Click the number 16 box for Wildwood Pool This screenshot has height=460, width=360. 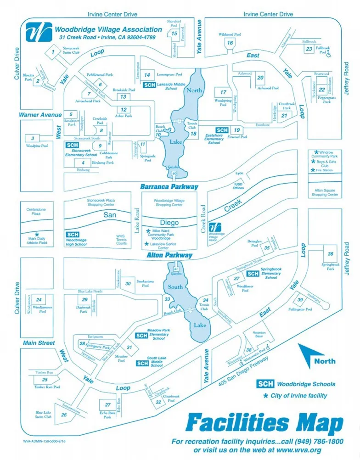pyautogui.click(x=230, y=43)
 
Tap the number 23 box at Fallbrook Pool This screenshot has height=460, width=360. pyautogui.click(x=309, y=49)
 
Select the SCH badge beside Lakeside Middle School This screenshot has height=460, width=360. pyautogui.click(x=149, y=85)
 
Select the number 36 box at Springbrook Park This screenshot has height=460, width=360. pyautogui.click(x=330, y=254)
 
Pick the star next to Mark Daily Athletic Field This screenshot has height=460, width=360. pyautogui.click(x=37, y=234)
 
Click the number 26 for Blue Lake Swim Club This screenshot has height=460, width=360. pyautogui.click(x=64, y=415)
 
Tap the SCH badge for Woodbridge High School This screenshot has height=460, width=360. pyautogui.click(x=72, y=235)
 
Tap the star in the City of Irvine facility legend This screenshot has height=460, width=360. pyautogui.click(x=265, y=395)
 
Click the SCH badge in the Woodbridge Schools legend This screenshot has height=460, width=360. pyautogui.click(x=265, y=384)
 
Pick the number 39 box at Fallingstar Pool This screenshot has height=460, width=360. pyautogui.click(x=300, y=300)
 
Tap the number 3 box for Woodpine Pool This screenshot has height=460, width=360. pyautogui.click(x=33, y=138)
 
